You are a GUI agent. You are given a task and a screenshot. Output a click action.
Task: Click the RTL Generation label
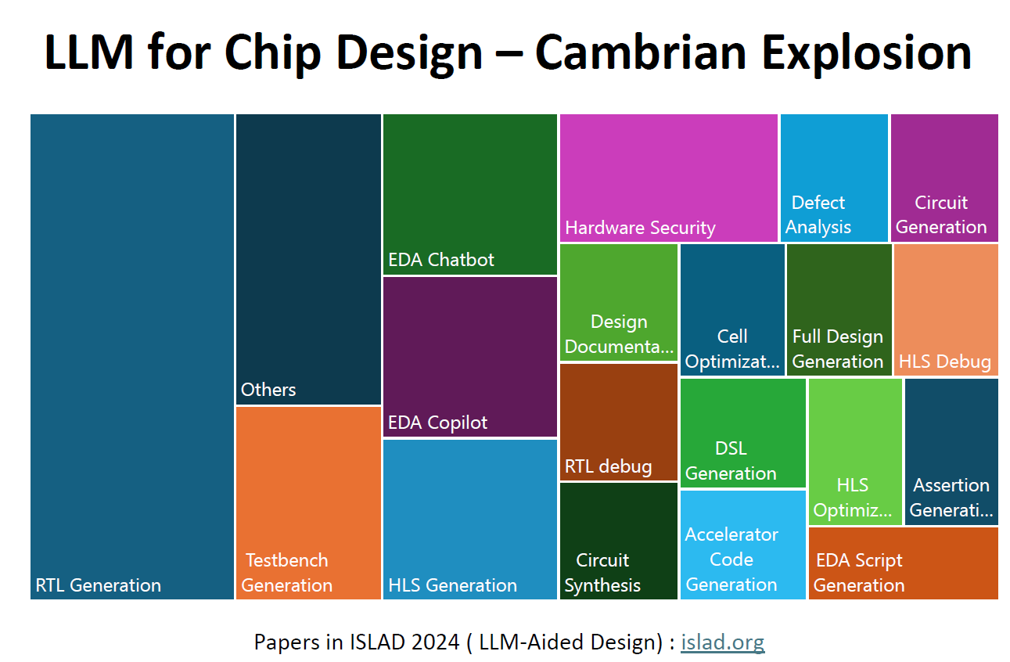pyautogui.click(x=98, y=585)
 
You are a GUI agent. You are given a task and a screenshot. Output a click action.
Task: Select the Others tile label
pyautogui.click(x=268, y=390)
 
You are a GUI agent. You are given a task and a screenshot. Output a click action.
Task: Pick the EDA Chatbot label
pyautogui.click(x=441, y=260)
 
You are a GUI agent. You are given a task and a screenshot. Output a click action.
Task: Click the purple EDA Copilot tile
pyautogui.click(x=469, y=356)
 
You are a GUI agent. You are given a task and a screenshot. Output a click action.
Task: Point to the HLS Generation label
pyautogui.click(x=452, y=585)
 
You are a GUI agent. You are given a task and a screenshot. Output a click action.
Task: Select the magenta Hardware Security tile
pyautogui.click(x=668, y=178)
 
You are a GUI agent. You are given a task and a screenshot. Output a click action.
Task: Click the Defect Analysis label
pyautogui.click(x=818, y=215)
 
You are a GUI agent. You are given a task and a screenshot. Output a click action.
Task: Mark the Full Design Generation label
pyautogui.click(x=838, y=349)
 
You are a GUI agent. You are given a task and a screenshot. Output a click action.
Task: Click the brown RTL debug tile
pyautogui.click(x=619, y=422)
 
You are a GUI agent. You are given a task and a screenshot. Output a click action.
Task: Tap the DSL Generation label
pyautogui.click(x=731, y=461)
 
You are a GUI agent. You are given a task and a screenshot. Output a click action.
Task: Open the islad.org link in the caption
pyautogui.click(x=722, y=642)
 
